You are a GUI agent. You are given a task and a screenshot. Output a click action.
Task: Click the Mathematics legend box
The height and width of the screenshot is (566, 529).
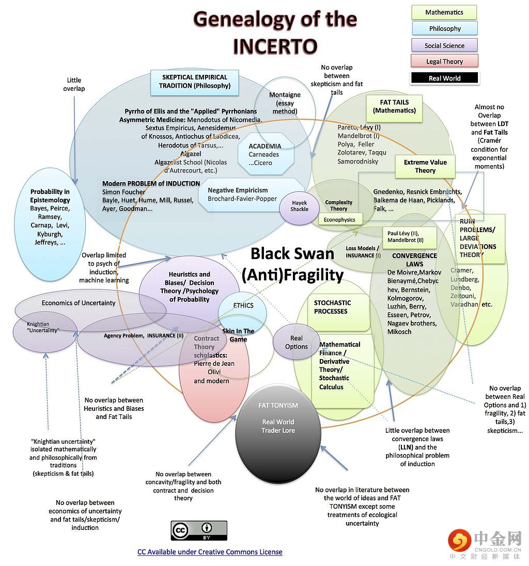pos(444,12)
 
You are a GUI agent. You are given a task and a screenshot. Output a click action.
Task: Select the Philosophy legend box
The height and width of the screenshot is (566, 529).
pos(444,29)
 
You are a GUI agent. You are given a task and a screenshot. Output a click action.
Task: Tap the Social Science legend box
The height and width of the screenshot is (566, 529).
pos(444,45)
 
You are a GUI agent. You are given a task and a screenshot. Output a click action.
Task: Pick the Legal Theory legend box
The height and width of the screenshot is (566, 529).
pos(444,61)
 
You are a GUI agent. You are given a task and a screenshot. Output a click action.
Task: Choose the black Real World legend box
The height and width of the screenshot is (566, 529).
pos(444,78)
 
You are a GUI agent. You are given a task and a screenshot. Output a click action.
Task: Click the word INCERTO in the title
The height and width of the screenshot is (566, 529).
pos(274,45)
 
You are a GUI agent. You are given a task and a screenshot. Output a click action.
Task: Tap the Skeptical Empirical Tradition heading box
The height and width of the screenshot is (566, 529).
pos(195,82)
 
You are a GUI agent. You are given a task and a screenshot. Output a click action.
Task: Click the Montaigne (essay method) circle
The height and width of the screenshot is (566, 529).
pos(285,103)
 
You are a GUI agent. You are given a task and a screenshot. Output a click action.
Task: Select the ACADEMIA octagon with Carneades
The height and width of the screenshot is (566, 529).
pos(264,154)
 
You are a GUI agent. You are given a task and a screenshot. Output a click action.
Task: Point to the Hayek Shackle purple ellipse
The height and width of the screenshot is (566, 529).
pos(300,206)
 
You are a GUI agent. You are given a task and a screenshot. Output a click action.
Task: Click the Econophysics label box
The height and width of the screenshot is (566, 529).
pos(339,220)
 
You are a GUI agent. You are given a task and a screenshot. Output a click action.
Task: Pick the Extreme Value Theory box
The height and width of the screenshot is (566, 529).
pos(425,166)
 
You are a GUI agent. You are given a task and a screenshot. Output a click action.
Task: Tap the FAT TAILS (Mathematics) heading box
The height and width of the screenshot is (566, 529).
pos(394,106)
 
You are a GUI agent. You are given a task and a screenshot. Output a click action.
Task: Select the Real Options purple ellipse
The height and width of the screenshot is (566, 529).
pos(296,342)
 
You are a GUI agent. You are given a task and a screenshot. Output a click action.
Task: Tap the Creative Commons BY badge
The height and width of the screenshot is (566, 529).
pos(199,530)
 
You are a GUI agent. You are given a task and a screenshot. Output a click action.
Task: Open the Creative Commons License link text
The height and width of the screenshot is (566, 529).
pos(210,552)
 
